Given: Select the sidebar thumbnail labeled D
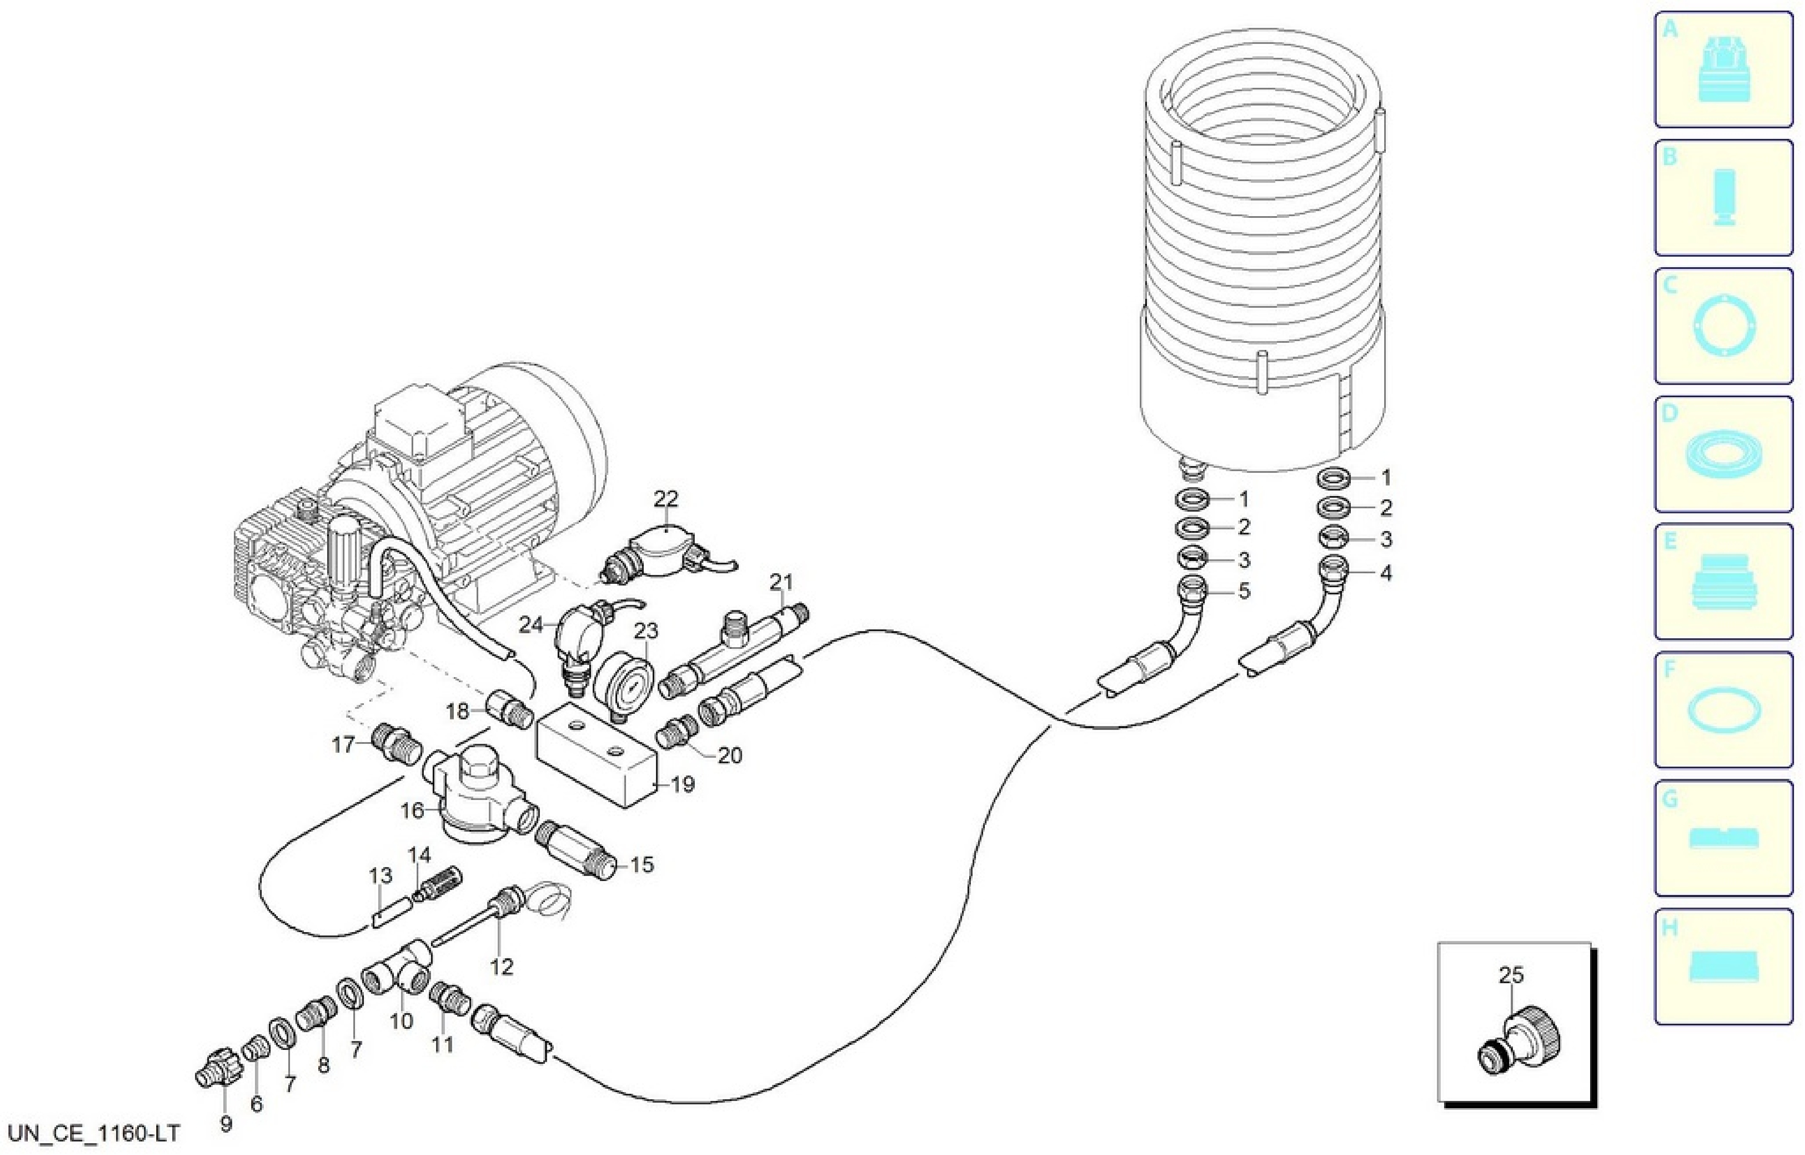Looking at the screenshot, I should (x=1723, y=455).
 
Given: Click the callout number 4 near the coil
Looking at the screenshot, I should (x=1386, y=574).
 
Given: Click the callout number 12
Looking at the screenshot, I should (x=501, y=967).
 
